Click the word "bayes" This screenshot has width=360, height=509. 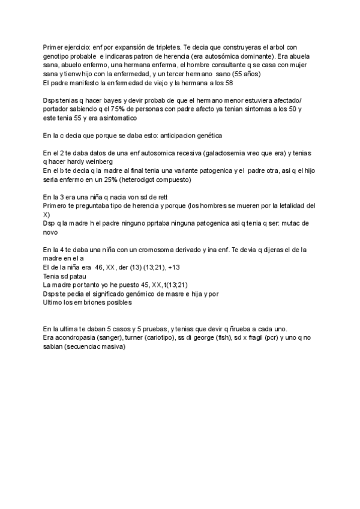point(109,100)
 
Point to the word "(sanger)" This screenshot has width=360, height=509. point(114,338)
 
